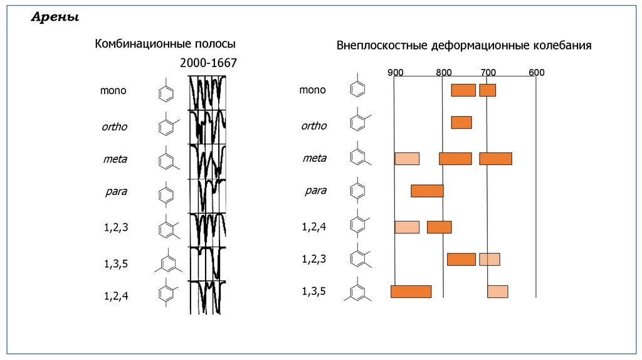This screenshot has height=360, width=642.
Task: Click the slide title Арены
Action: (x=55, y=18)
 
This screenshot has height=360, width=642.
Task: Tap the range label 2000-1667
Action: (x=208, y=63)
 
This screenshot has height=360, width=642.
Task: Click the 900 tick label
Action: (x=395, y=72)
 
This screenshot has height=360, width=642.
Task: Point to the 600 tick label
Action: (x=536, y=72)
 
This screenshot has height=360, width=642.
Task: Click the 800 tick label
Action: (x=443, y=72)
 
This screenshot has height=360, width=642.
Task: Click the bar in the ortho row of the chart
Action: (x=461, y=122)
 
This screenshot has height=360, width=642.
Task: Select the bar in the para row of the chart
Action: (x=427, y=191)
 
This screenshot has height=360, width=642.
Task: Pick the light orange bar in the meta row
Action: (x=407, y=159)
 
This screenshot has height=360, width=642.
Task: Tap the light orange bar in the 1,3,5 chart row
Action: (x=498, y=291)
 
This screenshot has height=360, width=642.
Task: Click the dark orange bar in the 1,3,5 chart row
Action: (x=411, y=291)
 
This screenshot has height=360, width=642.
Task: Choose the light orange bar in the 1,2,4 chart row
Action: (x=407, y=227)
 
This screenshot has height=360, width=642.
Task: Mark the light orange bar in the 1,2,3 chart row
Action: (x=490, y=259)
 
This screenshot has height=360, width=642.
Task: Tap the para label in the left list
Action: (x=115, y=191)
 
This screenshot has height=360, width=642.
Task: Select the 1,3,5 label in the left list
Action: (x=115, y=263)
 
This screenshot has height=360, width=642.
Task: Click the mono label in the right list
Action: (x=312, y=90)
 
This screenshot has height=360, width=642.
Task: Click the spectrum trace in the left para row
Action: (x=208, y=195)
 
